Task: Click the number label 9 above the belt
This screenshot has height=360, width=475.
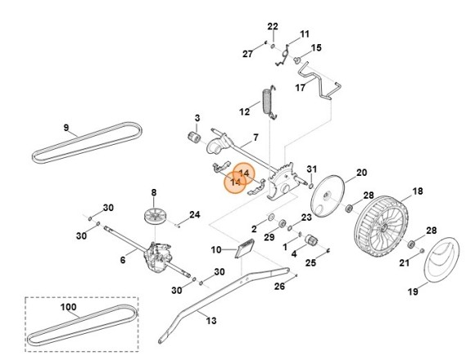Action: click(66, 128)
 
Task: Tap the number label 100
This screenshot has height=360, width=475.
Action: click(70, 308)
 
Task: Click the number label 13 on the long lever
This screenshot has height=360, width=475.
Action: click(211, 321)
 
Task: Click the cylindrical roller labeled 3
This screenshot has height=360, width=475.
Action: click(197, 136)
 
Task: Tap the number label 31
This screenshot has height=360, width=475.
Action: click(312, 169)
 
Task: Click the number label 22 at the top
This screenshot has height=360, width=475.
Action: click(273, 27)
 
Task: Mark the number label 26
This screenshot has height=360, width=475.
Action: click(279, 286)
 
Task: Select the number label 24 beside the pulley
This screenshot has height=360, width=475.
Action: click(194, 215)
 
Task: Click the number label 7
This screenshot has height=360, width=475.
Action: click(256, 137)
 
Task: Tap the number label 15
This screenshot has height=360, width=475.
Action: click(316, 47)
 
